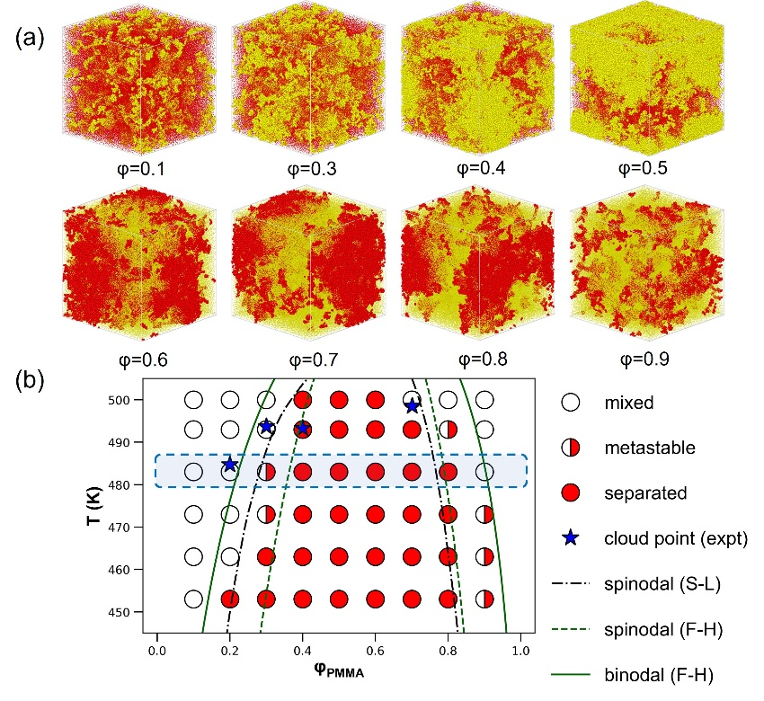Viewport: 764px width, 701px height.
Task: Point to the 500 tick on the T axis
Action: [131, 400]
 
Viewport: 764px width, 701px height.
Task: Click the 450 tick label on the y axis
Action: [131, 612]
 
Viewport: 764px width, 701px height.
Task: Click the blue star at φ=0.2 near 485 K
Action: [230, 465]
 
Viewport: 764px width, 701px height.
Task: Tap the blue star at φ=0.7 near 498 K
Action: [412, 405]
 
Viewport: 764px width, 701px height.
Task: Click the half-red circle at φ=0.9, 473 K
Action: [484, 514]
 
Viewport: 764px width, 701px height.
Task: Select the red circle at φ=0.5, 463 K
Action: [339, 556]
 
